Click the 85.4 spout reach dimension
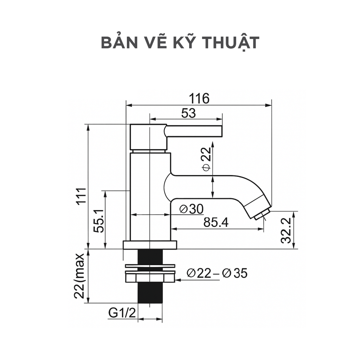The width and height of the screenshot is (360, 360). point(216,222)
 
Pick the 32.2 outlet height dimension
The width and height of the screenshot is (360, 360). point(287,230)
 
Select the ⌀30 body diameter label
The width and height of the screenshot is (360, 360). point(191,209)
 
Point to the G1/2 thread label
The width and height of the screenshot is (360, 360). point(122,312)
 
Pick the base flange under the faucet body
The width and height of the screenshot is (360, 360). point(150,245)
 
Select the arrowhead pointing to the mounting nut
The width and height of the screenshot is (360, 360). point(178,280)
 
